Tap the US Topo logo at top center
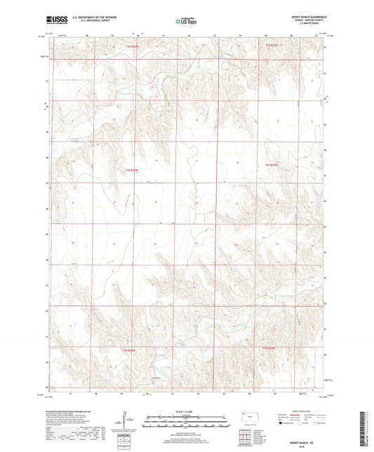click(186, 22)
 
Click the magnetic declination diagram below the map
click(124, 421)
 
